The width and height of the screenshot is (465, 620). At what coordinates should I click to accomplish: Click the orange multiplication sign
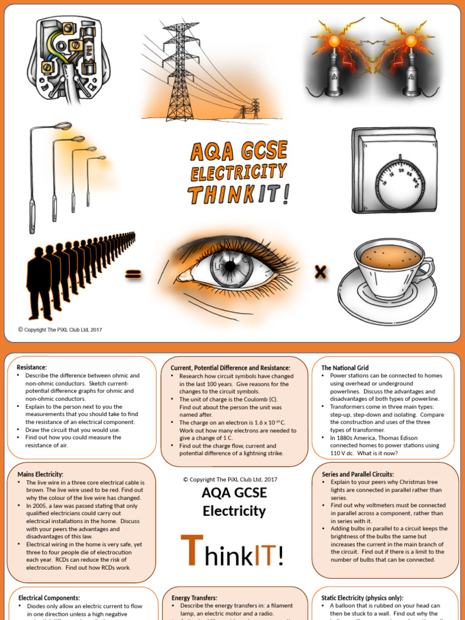320,272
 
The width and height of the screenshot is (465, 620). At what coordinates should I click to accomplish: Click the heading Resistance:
32,368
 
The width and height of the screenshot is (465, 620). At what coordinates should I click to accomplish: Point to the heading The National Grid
345,368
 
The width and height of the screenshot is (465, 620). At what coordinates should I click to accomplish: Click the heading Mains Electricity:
41,474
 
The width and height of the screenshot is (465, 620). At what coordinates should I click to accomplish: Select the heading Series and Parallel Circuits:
357,474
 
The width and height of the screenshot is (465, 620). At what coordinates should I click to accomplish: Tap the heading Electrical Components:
49,598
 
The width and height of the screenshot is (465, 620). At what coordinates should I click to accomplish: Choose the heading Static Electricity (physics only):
362,598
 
